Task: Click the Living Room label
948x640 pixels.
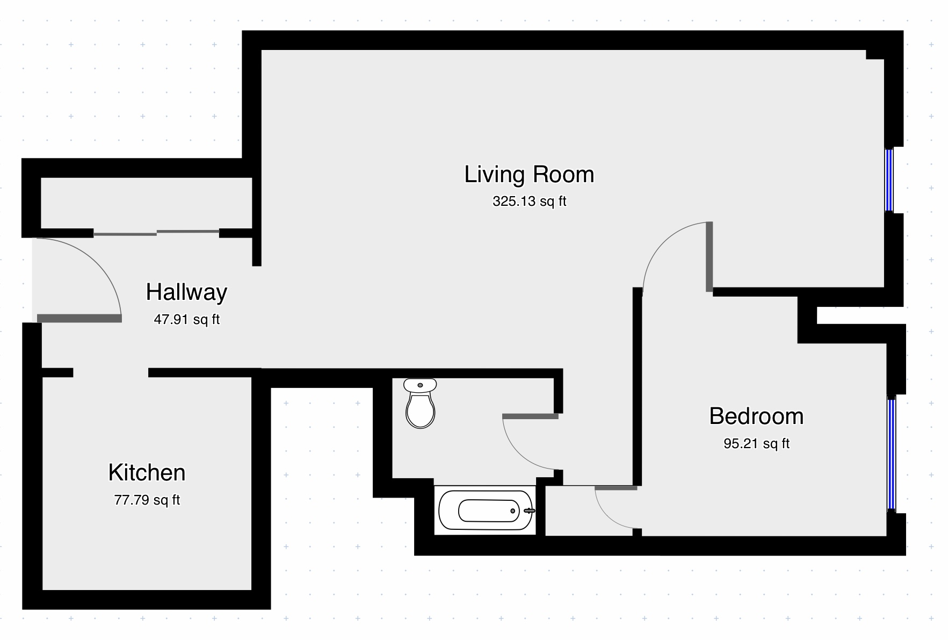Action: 529,175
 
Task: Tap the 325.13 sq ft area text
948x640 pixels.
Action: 529,202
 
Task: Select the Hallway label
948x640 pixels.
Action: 186,292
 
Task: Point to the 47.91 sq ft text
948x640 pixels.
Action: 186,320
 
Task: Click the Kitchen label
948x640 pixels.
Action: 147,473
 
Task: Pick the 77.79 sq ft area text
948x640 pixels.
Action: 147,500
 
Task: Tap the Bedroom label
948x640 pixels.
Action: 756,416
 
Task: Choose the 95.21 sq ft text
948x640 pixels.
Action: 756,444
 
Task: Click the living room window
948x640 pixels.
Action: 889,180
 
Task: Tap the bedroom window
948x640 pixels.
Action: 892,453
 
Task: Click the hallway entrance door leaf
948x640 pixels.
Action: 79,319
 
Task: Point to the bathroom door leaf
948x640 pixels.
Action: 530,416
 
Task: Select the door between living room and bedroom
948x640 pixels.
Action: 710,256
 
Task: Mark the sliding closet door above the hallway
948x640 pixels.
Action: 156,233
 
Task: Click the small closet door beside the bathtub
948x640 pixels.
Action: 616,488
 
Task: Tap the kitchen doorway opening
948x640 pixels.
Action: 111,372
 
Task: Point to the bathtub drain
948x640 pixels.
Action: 513,510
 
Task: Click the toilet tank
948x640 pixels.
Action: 420,385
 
